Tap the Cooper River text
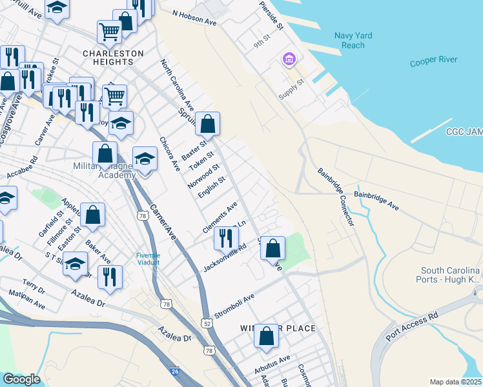[433, 61]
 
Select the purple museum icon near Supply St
[289, 61]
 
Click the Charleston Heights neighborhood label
[108, 57]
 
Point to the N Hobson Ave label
[194, 17]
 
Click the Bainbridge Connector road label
[336, 196]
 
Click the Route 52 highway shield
[207, 322]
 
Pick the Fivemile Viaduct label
[148, 259]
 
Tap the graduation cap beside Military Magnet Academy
[145, 159]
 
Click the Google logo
[21, 379]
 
